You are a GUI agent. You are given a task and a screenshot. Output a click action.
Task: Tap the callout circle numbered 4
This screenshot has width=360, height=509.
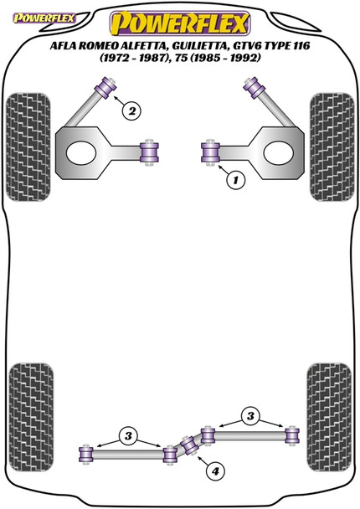[216, 473]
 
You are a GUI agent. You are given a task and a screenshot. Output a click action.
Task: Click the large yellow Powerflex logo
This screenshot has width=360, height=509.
[180, 18]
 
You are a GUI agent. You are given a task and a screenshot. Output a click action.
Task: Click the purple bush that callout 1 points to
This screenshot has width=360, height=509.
[210, 152]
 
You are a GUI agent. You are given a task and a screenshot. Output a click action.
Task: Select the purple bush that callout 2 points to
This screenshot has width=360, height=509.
[107, 84]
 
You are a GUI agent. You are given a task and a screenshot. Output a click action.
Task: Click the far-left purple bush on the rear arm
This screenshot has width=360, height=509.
[85, 454]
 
